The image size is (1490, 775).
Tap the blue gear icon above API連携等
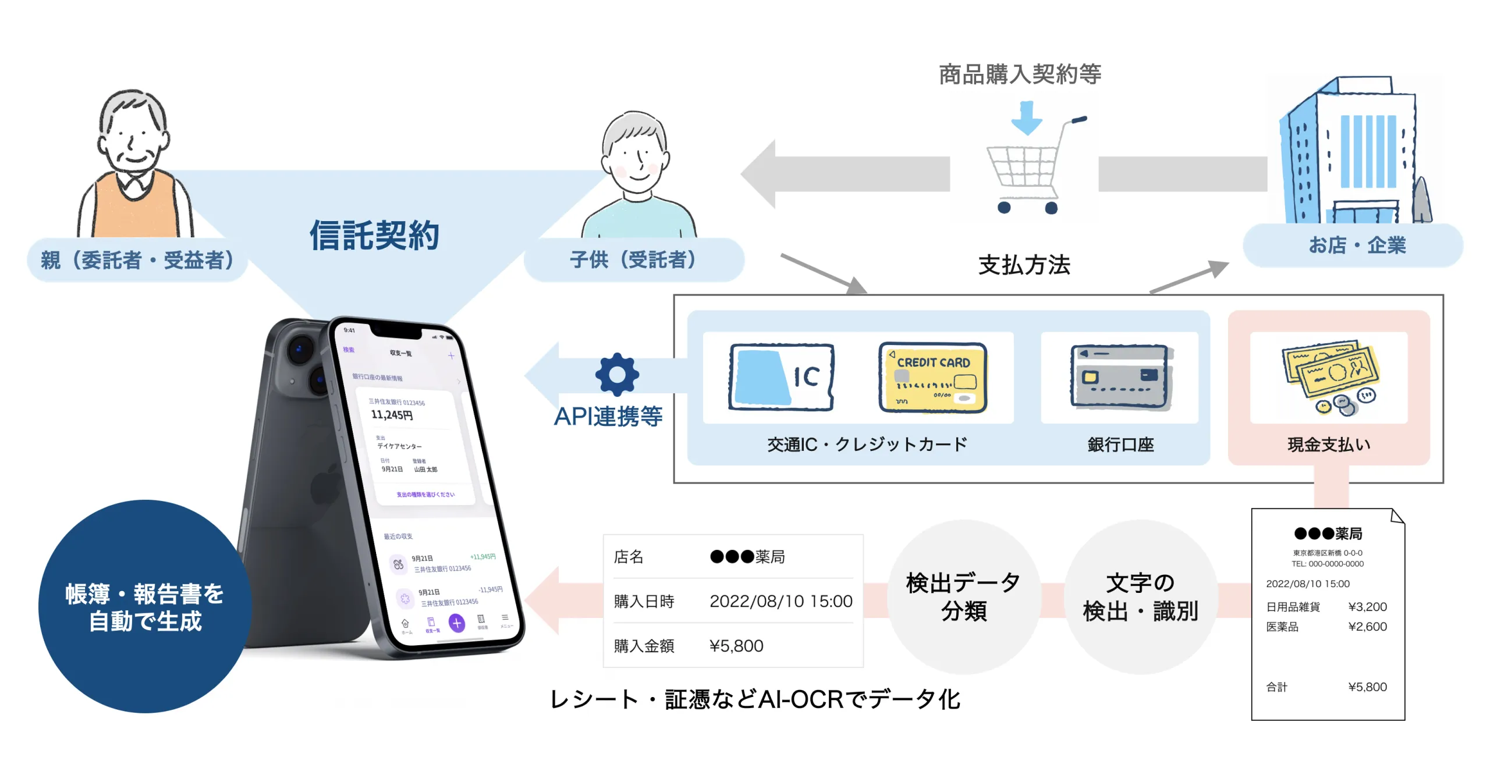coord(617,375)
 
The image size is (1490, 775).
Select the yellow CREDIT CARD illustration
coord(932,377)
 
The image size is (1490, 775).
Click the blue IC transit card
coord(781,377)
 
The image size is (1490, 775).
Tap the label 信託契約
coord(374,236)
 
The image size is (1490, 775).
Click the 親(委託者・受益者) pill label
coord(137,260)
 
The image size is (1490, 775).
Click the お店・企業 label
coord(1356,245)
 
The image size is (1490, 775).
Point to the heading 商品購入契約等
coord(1020,74)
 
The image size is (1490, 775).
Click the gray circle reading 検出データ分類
coord(963,597)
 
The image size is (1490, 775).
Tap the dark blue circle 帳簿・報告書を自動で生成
coord(144,606)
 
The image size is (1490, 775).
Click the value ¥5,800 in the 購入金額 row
coord(736,646)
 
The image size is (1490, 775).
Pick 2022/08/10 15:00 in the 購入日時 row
coord(781,601)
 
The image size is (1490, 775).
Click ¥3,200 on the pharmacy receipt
coord(1367,607)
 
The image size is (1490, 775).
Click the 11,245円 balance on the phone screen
coord(392,415)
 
